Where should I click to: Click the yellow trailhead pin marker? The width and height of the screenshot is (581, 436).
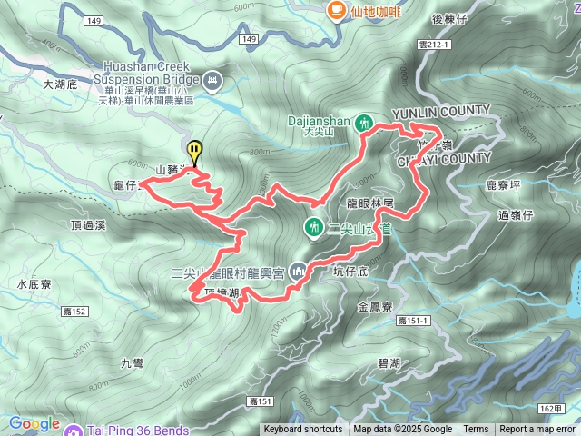(194, 151)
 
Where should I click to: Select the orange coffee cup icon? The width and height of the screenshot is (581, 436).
(335, 9)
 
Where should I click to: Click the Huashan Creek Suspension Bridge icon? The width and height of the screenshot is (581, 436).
(213, 82)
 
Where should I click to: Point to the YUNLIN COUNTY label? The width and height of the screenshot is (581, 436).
(440, 111)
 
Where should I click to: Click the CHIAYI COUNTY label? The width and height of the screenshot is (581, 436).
(444, 159)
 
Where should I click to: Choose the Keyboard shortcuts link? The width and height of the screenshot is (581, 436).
(303, 430)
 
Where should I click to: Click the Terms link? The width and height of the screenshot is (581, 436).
(476, 430)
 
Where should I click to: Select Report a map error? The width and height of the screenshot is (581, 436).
(538, 430)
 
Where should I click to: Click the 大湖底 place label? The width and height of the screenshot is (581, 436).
(62, 84)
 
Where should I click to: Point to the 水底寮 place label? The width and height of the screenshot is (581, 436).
(34, 284)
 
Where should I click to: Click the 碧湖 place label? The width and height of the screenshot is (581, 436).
(389, 362)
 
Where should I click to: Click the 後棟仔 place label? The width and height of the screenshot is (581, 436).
(449, 18)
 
